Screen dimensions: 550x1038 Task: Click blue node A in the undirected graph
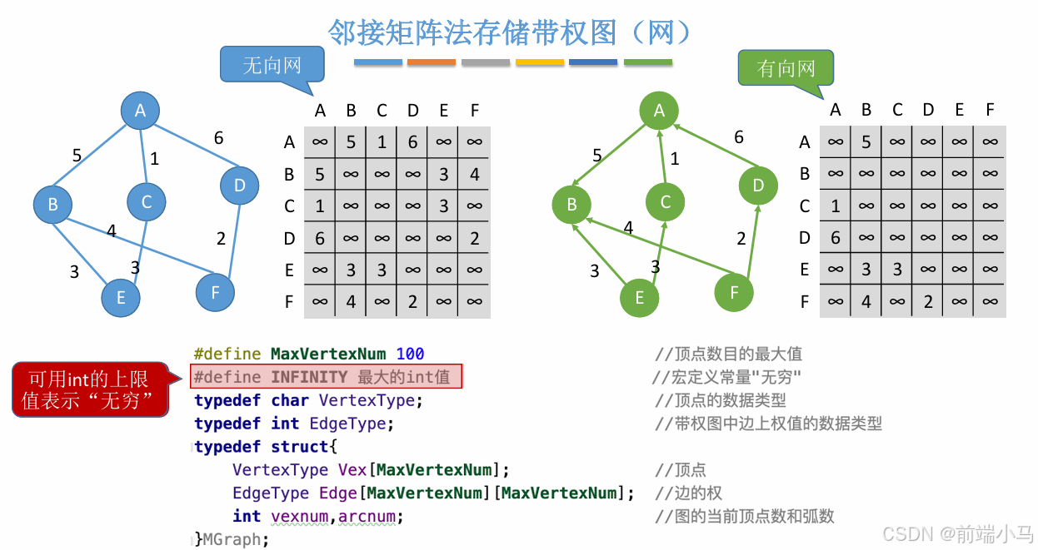[x=140, y=111]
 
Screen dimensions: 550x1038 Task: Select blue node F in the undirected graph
[x=216, y=292]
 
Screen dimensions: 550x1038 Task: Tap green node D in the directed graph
[x=758, y=186]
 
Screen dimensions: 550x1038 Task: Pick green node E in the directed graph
[x=640, y=297]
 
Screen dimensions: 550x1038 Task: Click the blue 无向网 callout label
[x=272, y=66]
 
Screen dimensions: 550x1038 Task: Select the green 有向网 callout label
[x=786, y=69]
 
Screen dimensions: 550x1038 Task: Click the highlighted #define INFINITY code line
[x=326, y=377]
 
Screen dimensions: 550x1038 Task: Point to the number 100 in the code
[x=410, y=354]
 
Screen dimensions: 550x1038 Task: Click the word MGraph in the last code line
[x=232, y=539]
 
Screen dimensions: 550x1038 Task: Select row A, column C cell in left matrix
[x=382, y=142]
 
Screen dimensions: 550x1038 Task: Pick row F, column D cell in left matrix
[x=412, y=302]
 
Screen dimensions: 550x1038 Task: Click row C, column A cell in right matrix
[x=836, y=206]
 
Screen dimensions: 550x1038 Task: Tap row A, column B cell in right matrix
[x=866, y=142]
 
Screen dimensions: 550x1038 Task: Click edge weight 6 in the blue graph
[x=218, y=138]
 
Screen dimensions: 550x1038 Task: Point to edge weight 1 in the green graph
[x=675, y=158]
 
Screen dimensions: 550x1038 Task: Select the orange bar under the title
[x=432, y=62]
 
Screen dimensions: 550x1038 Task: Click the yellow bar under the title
[x=540, y=62]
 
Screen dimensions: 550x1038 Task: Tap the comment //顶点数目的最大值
[x=728, y=354]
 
